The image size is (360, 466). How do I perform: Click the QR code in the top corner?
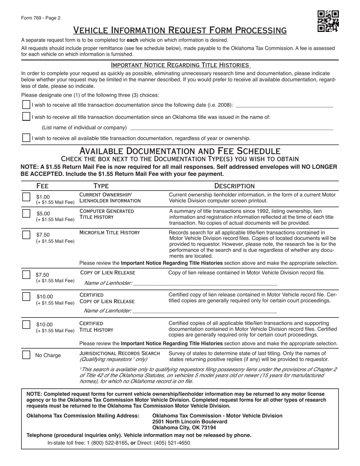click(x=328, y=21)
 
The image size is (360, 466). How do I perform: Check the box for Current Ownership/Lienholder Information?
click(x=26, y=197)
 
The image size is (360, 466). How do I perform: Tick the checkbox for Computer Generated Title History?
click(x=26, y=214)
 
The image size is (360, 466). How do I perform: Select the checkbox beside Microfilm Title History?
click(x=26, y=235)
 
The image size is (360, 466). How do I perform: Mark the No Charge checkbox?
click(x=26, y=355)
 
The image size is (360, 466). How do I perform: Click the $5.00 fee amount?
click(x=43, y=213)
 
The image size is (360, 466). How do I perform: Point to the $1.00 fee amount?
click(x=43, y=197)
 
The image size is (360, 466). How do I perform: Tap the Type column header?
click(x=101, y=186)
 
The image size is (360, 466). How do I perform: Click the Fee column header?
click(x=42, y=186)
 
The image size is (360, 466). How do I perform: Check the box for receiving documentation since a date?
click(x=26, y=105)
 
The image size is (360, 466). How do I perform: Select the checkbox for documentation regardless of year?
click(x=26, y=138)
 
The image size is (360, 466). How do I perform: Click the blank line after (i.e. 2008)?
click(x=284, y=106)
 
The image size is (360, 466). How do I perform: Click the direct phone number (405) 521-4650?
click(x=172, y=443)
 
